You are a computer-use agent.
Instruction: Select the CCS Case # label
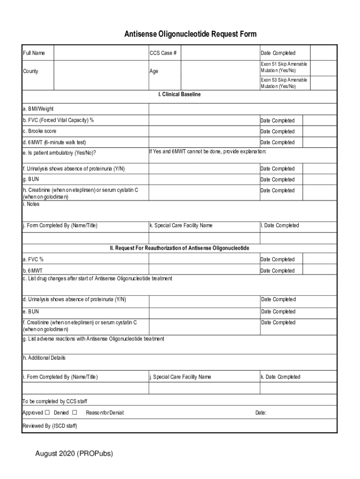pyautogui.click(x=163, y=53)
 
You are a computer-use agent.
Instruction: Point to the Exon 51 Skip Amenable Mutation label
pyautogui.click(x=284, y=67)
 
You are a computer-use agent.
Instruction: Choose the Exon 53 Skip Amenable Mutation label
pyautogui.click(x=284, y=83)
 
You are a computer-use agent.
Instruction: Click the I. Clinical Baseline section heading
pyautogui.click(x=180, y=94)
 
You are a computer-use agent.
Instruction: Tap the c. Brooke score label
pyautogui.click(x=39, y=131)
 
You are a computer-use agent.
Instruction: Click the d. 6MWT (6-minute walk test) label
pyautogui.click(x=54, y=142)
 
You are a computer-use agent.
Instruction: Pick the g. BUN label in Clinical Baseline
pyautogui.click(x=30, y=179)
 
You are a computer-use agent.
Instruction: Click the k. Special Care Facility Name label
pyautogui.click(x=181, y=225)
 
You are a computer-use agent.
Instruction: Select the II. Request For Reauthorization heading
pyautogui.click(x=180, y=248)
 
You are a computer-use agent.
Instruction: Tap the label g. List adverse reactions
pyautogui.click(x=93, y=339)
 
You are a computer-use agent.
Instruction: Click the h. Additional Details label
pyautogui.click(x=44, y=358)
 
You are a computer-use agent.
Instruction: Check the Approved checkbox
pyautogui.click(x=47, y=413)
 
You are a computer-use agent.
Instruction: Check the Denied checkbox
pyautogui.click(x=74, y=413)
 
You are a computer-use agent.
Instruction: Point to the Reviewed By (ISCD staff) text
pyautogui.click(x=50, y=426)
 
